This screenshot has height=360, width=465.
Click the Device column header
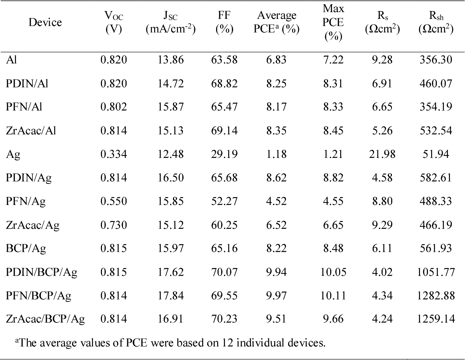click(x=45, y=22)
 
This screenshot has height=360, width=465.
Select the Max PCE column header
click(x=333, y=22)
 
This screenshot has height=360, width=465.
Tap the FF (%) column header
click(x=224, y=22)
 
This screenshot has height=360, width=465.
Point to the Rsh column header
click(x=436, y=22)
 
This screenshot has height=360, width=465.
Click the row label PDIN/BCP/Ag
click(x=41, y=272)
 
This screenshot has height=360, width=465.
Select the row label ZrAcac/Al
click(x=31, y=130)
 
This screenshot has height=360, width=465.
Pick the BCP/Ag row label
click(x=26, y=248)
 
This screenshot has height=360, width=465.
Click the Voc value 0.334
click(x=114, y=154)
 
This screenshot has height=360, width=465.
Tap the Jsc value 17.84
click(x=170, y=295)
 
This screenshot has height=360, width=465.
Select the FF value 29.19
click(x=224, y=154)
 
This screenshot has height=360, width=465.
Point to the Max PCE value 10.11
click(x=333, y=295)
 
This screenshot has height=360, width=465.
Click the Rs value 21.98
click(x=382, y=154)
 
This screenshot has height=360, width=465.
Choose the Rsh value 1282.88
click(x=436, y=295)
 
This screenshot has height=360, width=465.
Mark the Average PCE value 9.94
click(x=276, y=272)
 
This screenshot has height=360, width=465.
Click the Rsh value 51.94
click(x=436, y=154)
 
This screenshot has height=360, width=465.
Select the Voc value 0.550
click(x=114, y=201)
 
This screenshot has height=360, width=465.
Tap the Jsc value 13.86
click(x=170, y=60)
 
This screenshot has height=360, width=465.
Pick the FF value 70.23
click(x=224, y=319)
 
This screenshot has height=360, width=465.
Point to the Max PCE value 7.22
click(x=333, y=60)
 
